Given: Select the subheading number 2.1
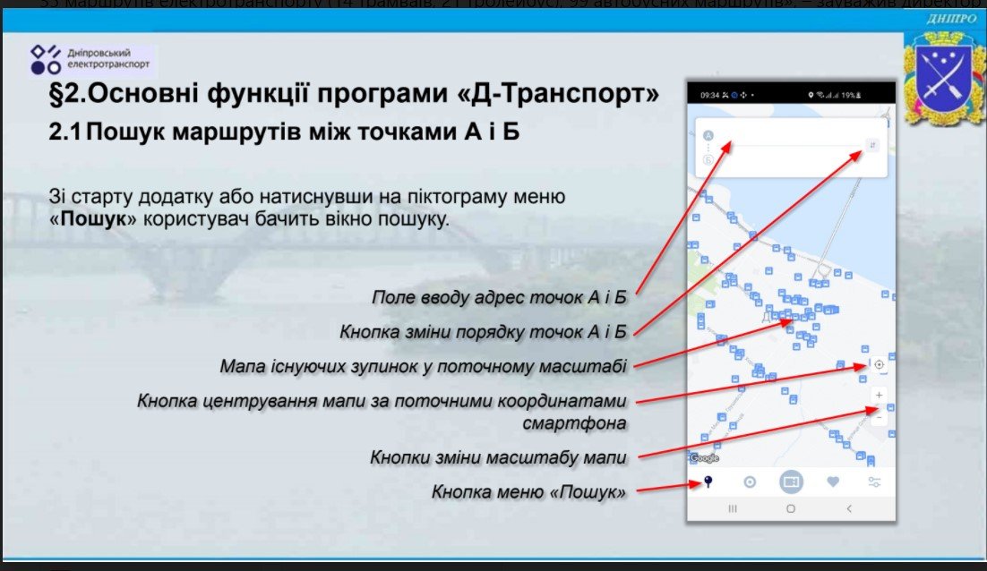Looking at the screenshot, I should (x=64, y=132).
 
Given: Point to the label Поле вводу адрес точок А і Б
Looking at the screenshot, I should (x=499, y=297).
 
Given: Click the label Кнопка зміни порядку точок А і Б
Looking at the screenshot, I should (x=483, y=332).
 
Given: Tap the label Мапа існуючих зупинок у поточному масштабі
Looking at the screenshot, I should (x=423, y=367).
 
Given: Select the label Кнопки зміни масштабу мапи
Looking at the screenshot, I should (x=498, y=457).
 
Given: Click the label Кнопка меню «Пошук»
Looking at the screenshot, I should (x=528, y=491).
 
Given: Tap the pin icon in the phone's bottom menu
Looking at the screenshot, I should (x=708, y=482).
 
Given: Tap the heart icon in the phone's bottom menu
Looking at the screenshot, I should (x=833, y=482).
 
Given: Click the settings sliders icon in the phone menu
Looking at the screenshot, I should (x=874, y=482).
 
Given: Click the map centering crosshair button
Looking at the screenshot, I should (x=879, y=364).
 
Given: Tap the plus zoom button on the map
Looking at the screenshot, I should (x=879, y=395).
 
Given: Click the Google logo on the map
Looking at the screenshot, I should (x=705, y=458).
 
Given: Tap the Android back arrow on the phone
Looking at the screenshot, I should (x=849, y=507).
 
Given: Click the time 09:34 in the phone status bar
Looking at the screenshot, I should (x=708, y=94).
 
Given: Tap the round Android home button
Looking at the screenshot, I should (x=790, y=507).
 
